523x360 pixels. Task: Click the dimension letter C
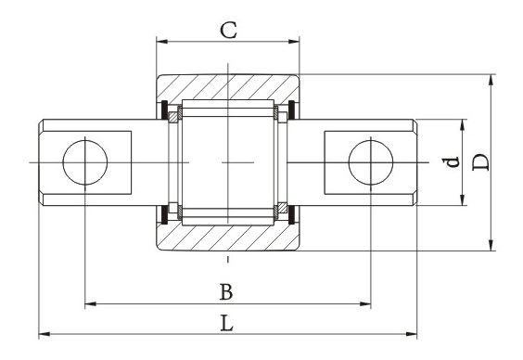228,30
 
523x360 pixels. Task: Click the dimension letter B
226,292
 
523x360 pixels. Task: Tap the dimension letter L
227,323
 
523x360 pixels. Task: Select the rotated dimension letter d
453,162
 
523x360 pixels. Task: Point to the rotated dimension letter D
481,162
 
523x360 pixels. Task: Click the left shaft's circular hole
85,162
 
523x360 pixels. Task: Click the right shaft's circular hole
371,162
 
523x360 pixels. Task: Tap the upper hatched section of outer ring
228,86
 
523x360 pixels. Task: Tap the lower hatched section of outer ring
228,238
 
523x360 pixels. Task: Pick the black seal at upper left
164,109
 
